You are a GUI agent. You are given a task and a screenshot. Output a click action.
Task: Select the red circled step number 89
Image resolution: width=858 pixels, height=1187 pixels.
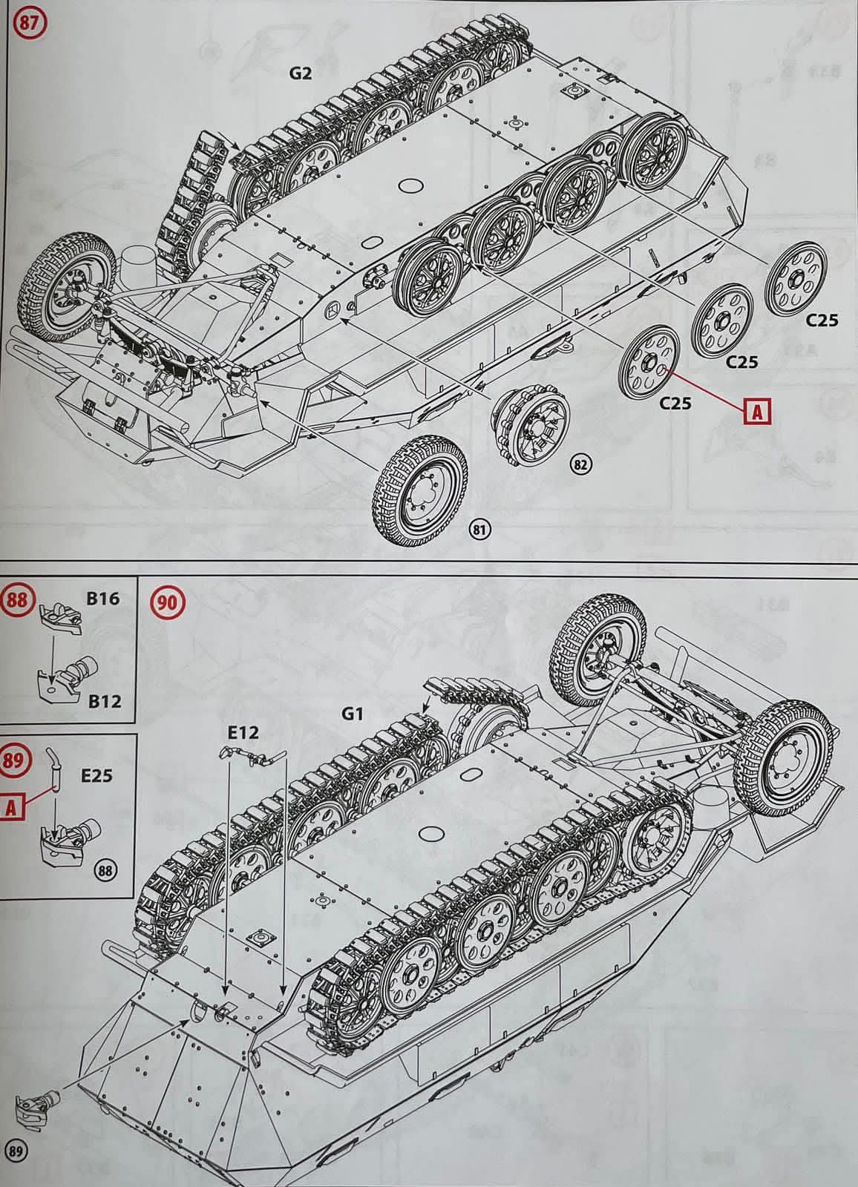[x=17, y=761]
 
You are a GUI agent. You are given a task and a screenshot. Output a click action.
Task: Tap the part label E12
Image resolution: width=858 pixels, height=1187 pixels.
[x=243, y=733]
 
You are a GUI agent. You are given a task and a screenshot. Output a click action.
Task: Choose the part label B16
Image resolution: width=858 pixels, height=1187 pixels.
[x=102, y=599]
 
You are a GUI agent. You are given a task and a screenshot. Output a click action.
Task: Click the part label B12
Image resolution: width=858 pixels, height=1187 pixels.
[x=103, y=700]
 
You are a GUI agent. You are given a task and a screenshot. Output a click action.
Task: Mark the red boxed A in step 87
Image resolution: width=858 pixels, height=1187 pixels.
[x=758, y=412]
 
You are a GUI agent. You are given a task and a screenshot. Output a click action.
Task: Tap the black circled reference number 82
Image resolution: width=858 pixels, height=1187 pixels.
[x=580, y=464]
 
